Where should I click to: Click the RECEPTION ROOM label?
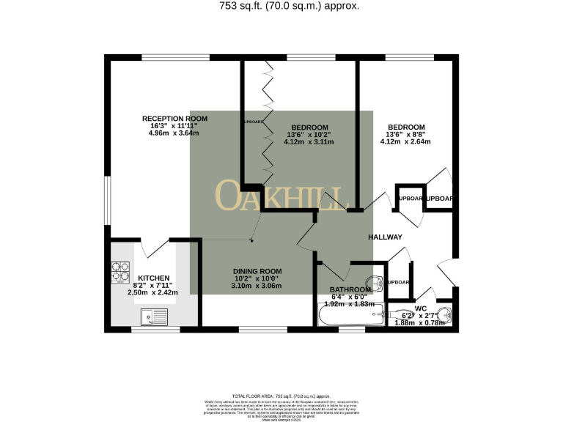coord(174,118)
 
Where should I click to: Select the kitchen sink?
coord(154,316)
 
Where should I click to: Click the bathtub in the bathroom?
coord(349,316)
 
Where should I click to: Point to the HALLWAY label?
coord(385,237)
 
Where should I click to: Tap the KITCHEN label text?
coord(154,278)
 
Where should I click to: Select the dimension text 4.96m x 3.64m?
coord(174,133)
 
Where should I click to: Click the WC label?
coord(420,308)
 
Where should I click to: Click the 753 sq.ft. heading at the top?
coord(280,7)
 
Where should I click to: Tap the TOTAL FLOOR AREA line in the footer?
coord(281,395)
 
